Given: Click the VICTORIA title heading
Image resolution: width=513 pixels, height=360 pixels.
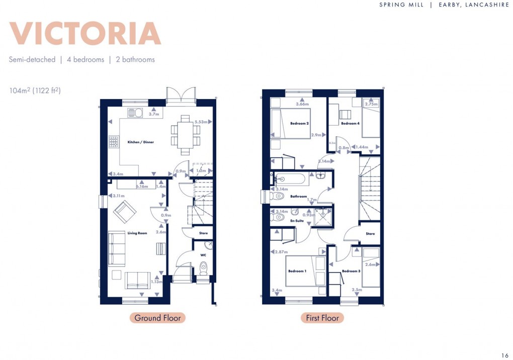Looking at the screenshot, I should tap(84, 34).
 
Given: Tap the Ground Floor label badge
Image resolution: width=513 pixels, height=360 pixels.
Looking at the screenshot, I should tap(157, 318).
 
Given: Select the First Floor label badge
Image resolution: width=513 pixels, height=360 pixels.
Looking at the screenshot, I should tap(322, 318).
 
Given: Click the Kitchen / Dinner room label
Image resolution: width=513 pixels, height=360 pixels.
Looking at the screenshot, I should tap(140, 142).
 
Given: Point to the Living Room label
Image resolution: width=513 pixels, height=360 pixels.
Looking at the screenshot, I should tap(137, 233).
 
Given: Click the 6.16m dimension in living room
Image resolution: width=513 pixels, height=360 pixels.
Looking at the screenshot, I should tap(142, 187).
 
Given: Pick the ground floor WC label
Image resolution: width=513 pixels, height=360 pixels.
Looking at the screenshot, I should tap(203, 255).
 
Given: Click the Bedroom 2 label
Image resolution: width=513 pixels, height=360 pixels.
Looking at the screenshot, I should tap(299, 123).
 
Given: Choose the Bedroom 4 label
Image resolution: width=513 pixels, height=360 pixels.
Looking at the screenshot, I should tap(350, 123).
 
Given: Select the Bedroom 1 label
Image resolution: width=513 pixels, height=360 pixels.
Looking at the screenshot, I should tap(297, 271).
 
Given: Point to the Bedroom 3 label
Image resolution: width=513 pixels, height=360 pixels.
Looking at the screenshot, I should tap(351, 271).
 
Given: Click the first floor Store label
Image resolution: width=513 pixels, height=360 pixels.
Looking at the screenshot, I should tap(370, 234).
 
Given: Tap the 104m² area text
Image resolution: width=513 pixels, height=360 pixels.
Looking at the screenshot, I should tap(35, 91).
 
